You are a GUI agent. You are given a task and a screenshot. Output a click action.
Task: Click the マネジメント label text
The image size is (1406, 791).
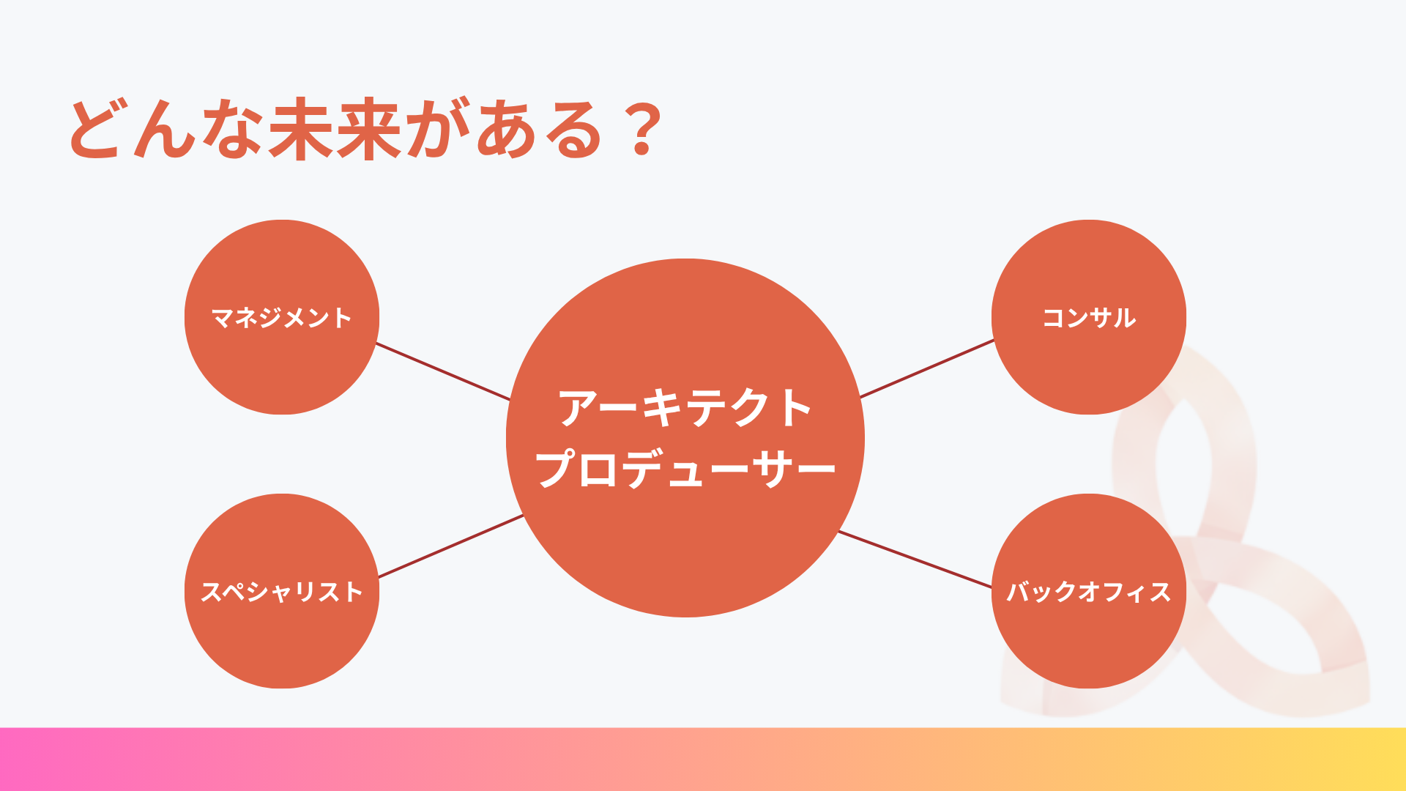(282, 318)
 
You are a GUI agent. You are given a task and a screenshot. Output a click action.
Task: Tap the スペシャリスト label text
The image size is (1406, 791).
(282, 592)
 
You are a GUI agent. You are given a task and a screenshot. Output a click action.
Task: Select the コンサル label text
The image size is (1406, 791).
(1089, 318)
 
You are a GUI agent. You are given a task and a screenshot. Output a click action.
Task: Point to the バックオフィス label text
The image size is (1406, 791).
(1089, 592)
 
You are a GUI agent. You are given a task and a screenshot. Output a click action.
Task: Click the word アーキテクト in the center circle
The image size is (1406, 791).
(685, 407)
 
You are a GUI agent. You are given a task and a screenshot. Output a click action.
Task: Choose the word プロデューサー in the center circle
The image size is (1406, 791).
(685, 469)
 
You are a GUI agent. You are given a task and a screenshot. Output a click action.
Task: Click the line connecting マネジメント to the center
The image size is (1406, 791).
(443, 371)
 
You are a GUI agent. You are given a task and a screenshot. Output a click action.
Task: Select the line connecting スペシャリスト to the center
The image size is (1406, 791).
(451, 546)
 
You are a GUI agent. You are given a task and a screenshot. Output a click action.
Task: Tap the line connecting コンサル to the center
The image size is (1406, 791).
(927, 368)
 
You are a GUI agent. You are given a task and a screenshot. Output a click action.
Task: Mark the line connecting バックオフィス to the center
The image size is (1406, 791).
(915, 559)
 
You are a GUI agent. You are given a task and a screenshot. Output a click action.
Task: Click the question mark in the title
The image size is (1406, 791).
(643, 130)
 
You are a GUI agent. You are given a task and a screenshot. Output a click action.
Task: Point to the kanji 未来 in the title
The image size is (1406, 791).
(335, 129)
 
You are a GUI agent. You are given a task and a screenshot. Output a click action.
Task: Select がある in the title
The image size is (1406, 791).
(505, 129)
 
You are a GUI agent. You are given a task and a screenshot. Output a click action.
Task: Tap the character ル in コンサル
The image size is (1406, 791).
(1125, 318)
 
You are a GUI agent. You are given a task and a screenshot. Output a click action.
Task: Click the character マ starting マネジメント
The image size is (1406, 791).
(222, 318)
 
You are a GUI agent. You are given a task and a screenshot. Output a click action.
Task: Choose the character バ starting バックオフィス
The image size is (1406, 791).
(1019, 592)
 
